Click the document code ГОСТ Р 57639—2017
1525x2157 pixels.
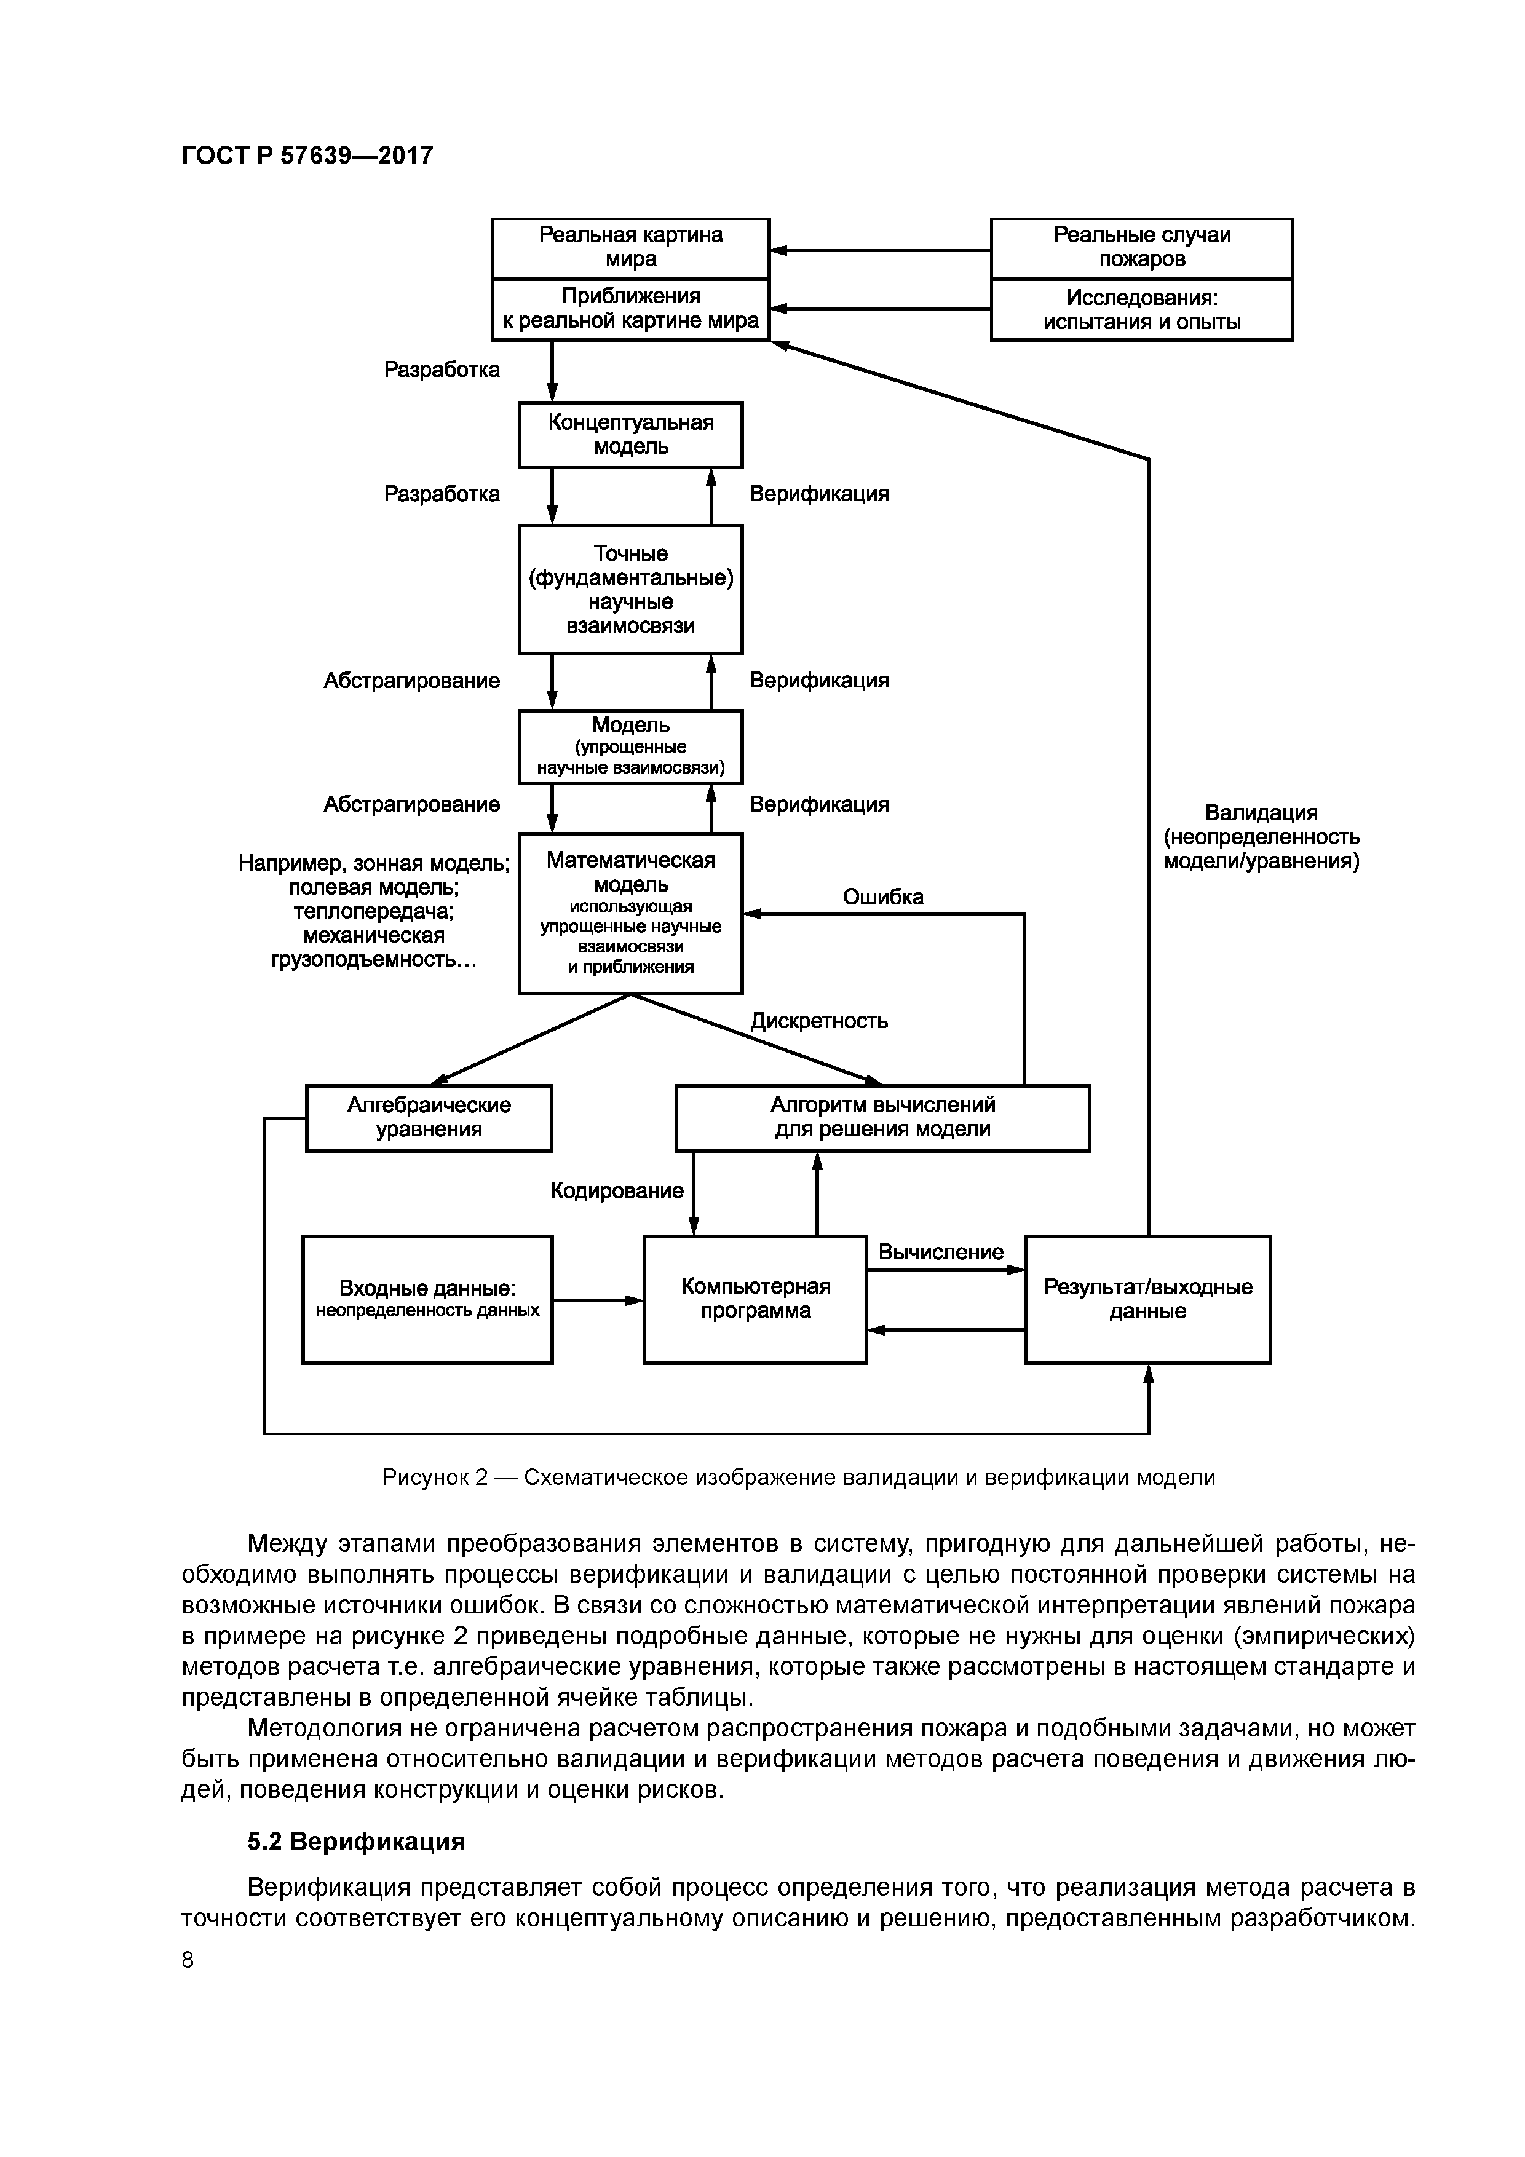tap(307, 155)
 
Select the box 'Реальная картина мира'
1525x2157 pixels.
tap(630, 248)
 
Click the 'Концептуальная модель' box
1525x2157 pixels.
tap(630, 435)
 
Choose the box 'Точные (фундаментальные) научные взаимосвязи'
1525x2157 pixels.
tap(630, 589)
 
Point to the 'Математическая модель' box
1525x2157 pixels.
tap(630, 912)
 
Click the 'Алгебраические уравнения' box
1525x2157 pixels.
tap(429, 1117)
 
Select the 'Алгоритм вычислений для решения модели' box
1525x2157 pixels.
tap(882, 1117)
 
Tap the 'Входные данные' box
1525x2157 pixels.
tap(427, 1299)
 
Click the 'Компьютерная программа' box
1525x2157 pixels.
tap(756, 1299)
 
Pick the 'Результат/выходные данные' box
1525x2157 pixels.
tap(1147, 1299)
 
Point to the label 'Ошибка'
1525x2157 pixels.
tap(882, 897)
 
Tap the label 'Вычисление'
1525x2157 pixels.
tap(941, 1253)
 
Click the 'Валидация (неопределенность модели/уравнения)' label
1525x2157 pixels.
tap(1261, 837)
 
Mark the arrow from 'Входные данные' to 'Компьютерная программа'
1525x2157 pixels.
tap(598, 1300)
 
